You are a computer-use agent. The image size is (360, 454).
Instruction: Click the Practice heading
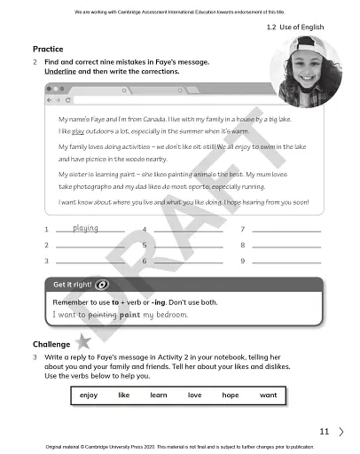[47, 48]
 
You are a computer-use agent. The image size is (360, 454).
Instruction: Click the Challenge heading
[51, 343]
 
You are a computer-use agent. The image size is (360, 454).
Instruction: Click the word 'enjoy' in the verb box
[89, 395]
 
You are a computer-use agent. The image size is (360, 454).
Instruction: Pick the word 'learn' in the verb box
[160, 395]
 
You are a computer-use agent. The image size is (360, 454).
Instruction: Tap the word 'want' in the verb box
[268, 395]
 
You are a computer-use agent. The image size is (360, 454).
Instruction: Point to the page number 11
[324, 432]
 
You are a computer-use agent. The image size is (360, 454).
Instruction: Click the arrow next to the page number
[341, 432]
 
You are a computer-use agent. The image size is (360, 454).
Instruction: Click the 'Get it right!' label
[73, 285]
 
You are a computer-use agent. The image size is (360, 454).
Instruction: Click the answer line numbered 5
[186, 245]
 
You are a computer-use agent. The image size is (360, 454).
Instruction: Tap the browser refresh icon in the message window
[67, 100]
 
